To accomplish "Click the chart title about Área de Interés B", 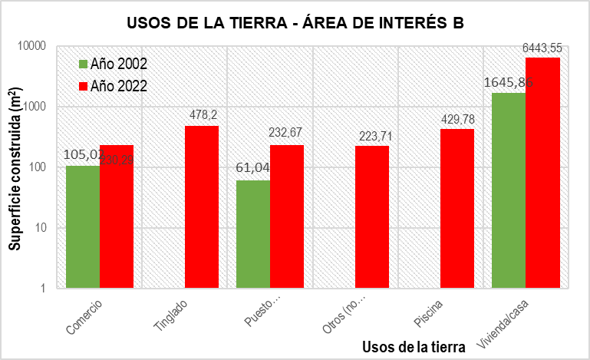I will [295, 23].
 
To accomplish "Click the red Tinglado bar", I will [202, 206].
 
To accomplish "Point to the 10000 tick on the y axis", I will [31, 46].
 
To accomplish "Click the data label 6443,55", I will [542, 48].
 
